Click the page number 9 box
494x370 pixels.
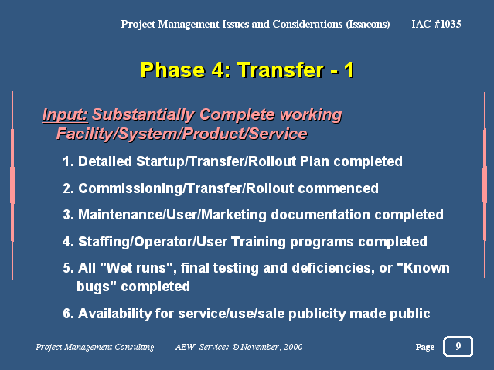tap(458, 346)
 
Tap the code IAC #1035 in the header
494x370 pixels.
tap(436, 24)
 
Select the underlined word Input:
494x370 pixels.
tap(65, 114)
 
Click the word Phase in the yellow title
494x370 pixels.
tap(172, 70)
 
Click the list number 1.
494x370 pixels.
tap(68, 161)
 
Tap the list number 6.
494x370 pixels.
tap(68, 314)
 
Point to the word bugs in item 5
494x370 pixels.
tap(93, 287)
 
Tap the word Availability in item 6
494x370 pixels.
tap(115, 314)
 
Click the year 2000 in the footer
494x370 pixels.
tap(293, 347)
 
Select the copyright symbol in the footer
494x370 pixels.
tap(236, 347)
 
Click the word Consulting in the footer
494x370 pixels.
tap(135, 347)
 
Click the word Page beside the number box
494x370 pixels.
tap(425, 347)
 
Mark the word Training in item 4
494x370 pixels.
tap(258, 242)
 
